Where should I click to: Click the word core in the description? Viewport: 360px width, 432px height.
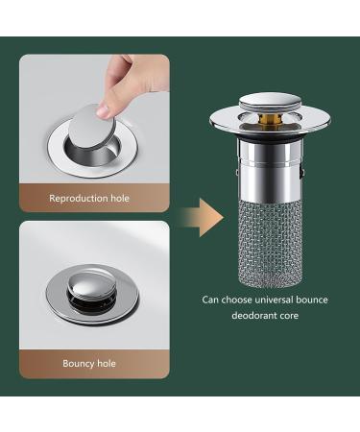293,314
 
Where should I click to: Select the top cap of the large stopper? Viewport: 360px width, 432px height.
259,102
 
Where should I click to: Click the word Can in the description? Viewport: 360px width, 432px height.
210,300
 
